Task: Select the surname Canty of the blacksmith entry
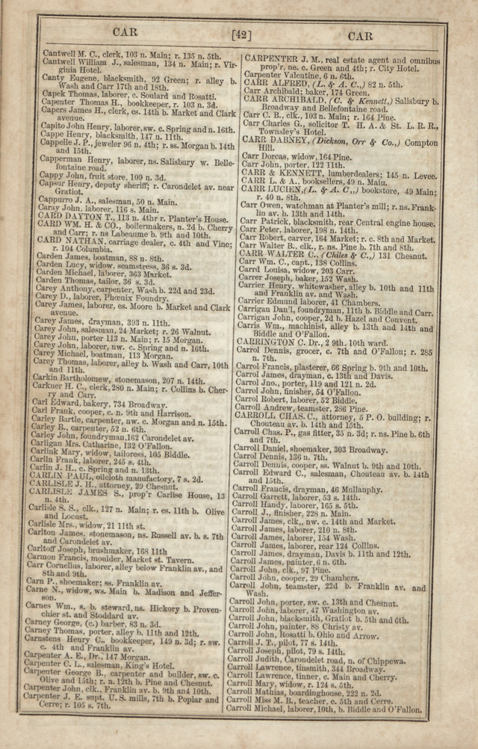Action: point(53,78)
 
